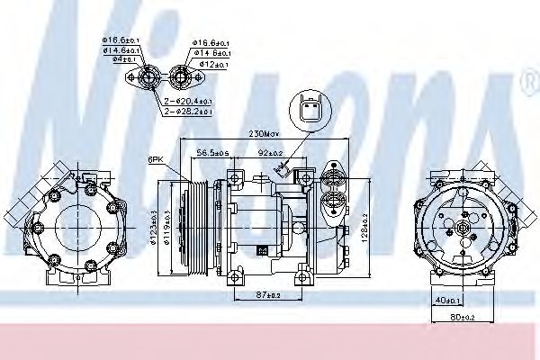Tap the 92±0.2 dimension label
pos(270,153)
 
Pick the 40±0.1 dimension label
pos(447,300)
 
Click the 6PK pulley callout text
pos(156,159)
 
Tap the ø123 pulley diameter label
pos(143,225)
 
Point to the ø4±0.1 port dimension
pos(113,58)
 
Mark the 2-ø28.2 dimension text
pos(189,112)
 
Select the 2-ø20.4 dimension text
pos(189,101)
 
